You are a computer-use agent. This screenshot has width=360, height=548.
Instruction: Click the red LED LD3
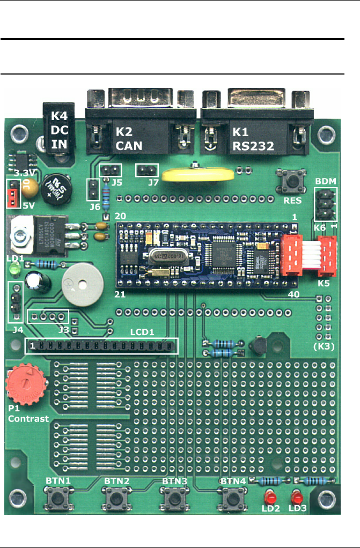point(296,496)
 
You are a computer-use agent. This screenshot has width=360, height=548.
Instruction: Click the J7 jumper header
point(146,171)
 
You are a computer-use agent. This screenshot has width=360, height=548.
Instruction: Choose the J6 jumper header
point(92,190)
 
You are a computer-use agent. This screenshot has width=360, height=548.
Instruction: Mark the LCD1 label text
point(143,332)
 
